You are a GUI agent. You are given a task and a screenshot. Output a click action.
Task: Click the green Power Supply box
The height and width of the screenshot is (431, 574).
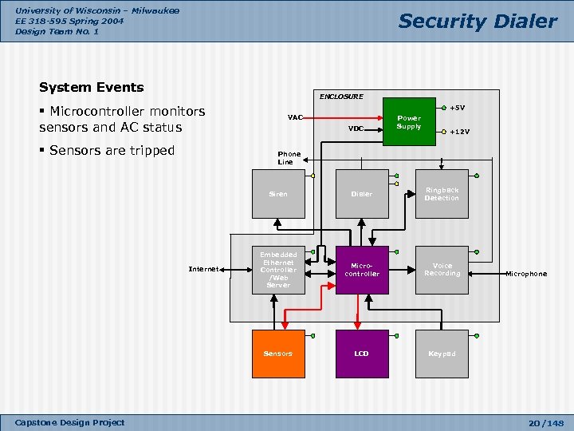coord(409,122)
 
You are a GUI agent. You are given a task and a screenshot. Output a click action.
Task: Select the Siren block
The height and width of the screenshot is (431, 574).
coord(278,194)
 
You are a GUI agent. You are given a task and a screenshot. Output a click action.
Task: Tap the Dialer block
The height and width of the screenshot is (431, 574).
coord(361,194)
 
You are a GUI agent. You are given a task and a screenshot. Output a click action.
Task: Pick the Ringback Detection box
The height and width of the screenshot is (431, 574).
coord(442,194)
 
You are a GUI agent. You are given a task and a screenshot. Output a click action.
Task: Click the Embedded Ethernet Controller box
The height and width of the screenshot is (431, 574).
coord(278,270)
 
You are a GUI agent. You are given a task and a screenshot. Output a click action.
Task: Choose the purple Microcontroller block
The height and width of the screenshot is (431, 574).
coord(361,270)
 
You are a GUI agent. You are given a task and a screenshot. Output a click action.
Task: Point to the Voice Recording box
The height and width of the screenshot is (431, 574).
coord(442,270)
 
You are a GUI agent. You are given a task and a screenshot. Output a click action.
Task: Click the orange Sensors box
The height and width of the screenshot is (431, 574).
coord(278,353)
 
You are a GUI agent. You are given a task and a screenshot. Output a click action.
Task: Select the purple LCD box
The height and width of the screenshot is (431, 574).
coord(361,353)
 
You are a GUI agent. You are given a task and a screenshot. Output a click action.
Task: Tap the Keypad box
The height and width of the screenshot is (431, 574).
coord(442,353)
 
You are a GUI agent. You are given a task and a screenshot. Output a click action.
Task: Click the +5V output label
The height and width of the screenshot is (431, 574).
coord(457,108)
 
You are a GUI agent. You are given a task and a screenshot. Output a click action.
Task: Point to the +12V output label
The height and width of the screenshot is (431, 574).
coord(459,132)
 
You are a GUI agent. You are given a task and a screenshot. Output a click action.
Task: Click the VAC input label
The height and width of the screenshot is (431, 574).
coord(295,118)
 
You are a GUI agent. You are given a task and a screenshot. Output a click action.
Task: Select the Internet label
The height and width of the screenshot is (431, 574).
coord(203,270)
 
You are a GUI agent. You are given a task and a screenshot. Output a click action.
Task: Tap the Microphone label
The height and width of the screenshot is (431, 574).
coord(526,274)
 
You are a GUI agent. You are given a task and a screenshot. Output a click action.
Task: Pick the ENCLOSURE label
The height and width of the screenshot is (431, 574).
coord(340,97)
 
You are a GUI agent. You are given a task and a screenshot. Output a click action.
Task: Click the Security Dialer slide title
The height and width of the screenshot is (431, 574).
coord(477,22)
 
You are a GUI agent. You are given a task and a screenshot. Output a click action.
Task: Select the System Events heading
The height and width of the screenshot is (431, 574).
coord(91,87)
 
